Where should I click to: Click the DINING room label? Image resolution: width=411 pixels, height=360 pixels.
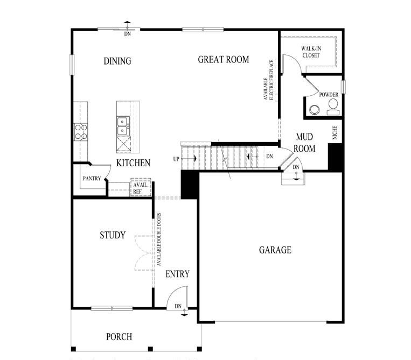pyautogui.click(x=117, y=61)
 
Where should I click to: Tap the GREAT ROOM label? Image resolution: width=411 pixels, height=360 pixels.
pyautogui.click(x=224, y=59)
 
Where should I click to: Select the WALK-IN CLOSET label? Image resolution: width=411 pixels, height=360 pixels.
pyautogui.click(x=310, y=52)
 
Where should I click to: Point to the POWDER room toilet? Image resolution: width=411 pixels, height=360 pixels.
pyautogui.click(x=332, y=106)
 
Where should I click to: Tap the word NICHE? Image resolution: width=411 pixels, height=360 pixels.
pyautogui.click(x=335, y=133)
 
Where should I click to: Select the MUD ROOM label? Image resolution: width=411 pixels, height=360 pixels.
pyautogui.click(x=305, y=143)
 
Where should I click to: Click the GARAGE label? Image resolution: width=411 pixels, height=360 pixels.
pyautogui.click(x=275, y=250)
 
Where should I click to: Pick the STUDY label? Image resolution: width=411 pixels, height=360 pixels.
pyautogui.click(x=113, y=235)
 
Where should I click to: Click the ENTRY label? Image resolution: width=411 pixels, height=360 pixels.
pyautogui.click(x=177, y=274)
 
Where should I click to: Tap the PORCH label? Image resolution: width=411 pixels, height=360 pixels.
pyautogui.click(x=119, y=337)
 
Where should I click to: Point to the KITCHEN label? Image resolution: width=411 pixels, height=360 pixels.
pyautogui.click(x=133, y=163)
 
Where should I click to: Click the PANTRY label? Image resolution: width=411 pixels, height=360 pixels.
pyautogui.click(x=92, y=178)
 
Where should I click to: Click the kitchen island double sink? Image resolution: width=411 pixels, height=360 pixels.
pyautogui.click(x=123, y=126)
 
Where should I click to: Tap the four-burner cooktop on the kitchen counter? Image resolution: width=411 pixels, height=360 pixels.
pyautogui.click(x=81, y=132)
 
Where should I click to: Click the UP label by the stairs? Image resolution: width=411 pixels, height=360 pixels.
pyautogui.click(x=176, y=159)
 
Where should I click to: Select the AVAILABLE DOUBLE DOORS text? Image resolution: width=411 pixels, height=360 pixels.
pyautogui.click(x=159, y=240)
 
